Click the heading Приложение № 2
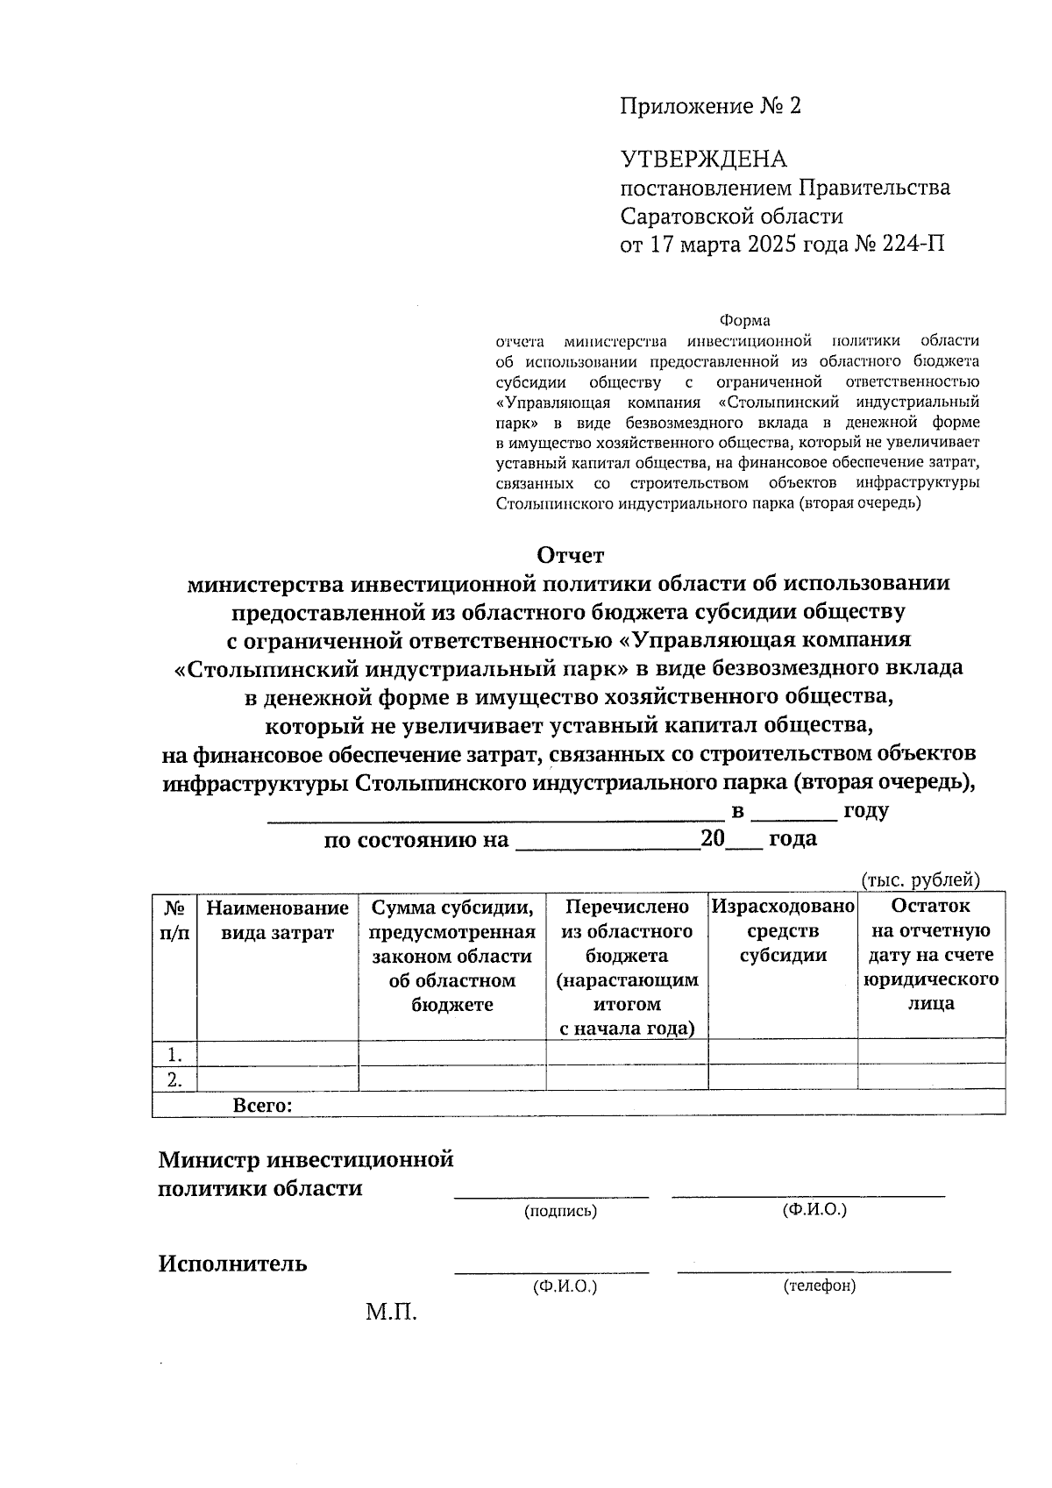click(x=710, y=107)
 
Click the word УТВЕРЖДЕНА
click(x=703, y=160)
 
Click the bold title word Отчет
click(x=570, y=556)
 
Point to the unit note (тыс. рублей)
click(x=920, y=879)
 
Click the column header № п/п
click(x=174, y=919)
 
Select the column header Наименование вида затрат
click(x=277, y=919)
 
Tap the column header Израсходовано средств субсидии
click(x=782, y=930)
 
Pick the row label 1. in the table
click(x=175, y=1053)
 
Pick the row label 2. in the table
click(x=175, y=1079)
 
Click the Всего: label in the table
click(x=262, y=1105)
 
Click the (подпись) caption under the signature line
click(x=560, y=1211)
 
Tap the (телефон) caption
click(x=819, y=1285)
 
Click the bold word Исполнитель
click(x=232, y=1264)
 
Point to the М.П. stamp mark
click(x=391, y=1313)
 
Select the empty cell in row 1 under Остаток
click(x=930, y=1052)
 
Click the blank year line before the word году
click(x=794, y=812)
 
